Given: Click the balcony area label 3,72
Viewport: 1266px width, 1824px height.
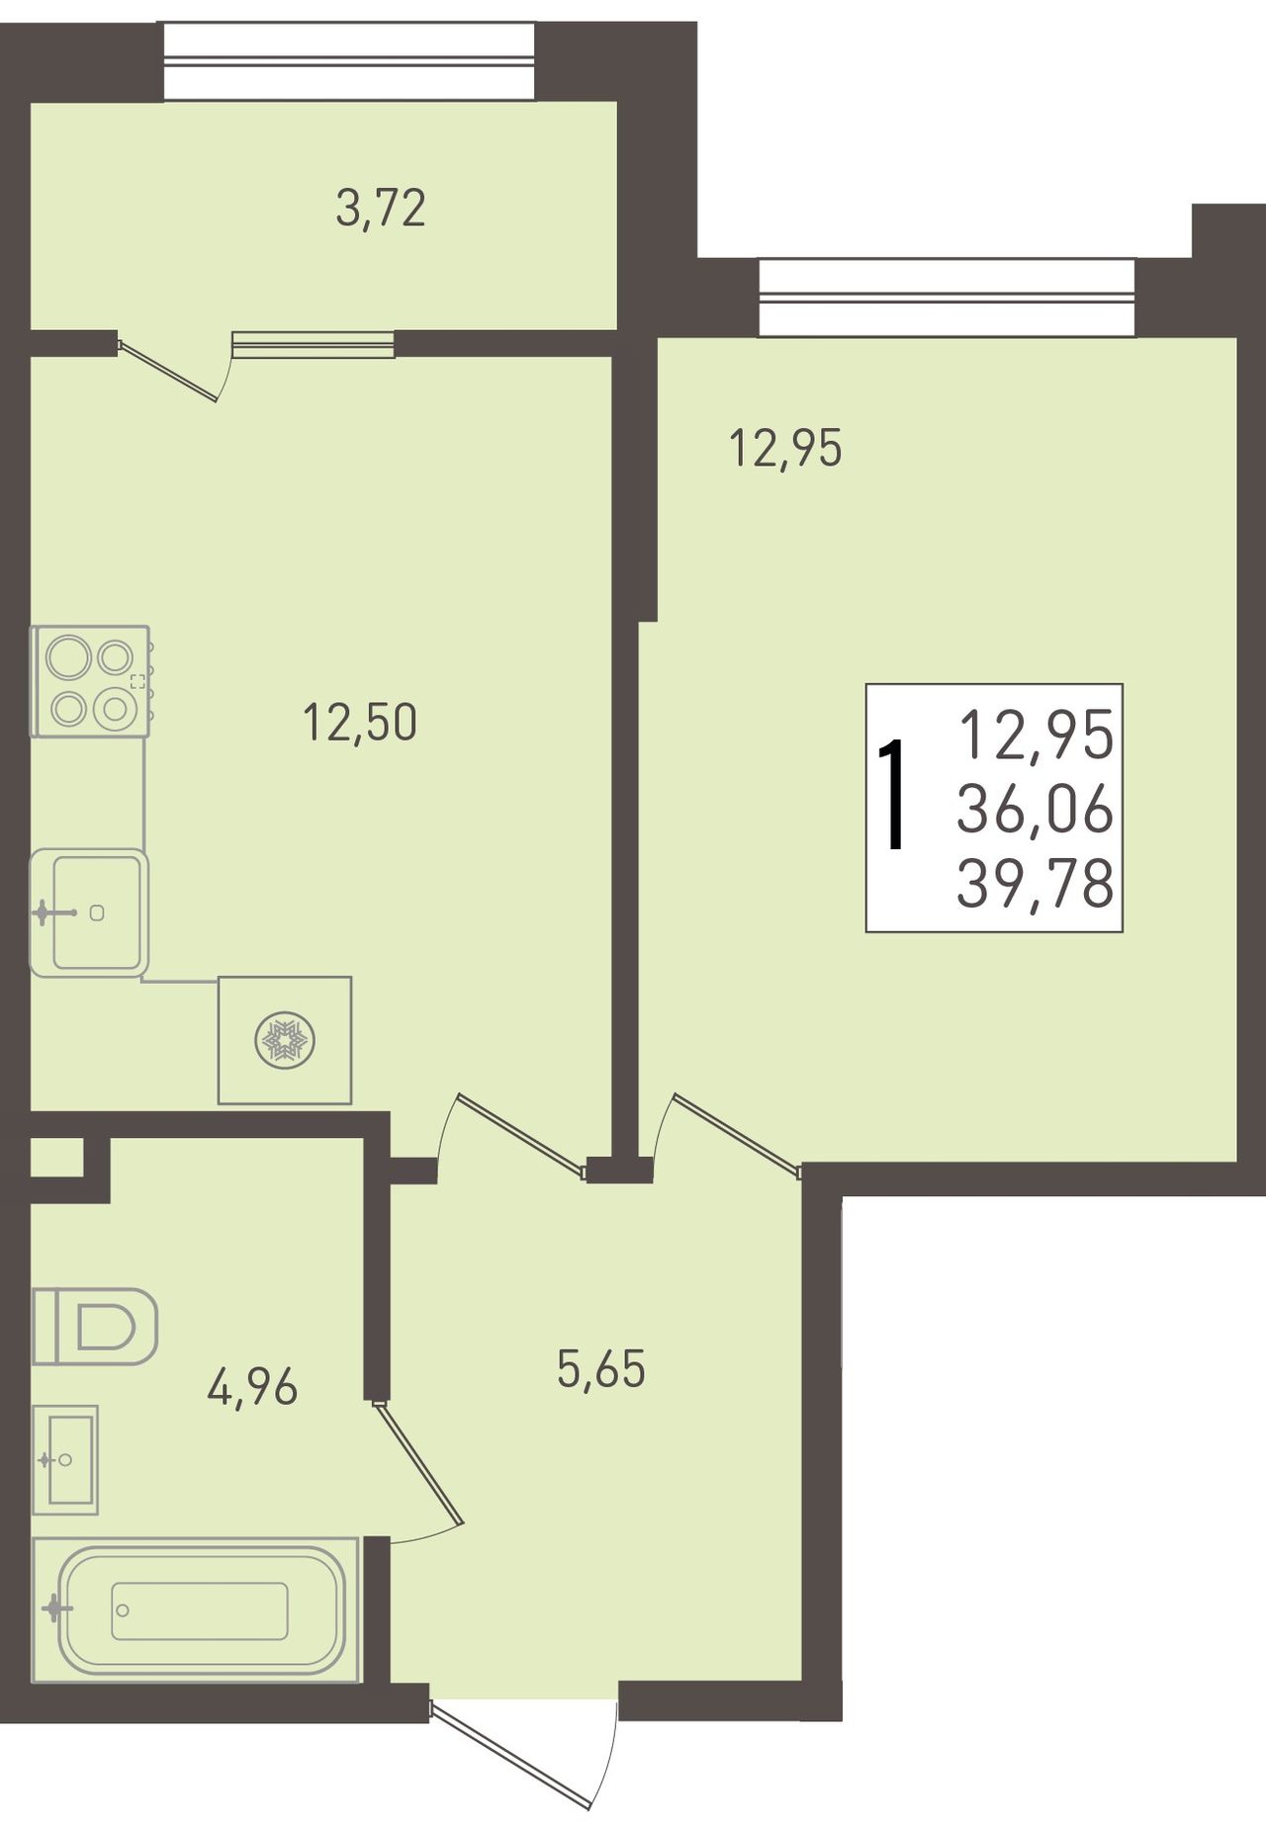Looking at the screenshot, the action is tap(381, 210).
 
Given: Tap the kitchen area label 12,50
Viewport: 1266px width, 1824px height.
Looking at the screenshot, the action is tap(360, 722).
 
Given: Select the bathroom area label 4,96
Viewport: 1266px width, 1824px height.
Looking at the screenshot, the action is tap(252, 1387).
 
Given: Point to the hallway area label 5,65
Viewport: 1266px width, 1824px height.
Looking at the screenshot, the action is tap(601, 1369).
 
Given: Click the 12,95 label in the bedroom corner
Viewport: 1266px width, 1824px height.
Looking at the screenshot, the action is tap(785, 448).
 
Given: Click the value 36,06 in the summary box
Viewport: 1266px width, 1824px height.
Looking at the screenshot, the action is tap(1036, 811).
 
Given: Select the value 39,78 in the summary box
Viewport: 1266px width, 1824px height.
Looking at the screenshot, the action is tap(1036, 883).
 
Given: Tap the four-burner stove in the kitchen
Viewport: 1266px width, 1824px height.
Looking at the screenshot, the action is tap(91, 681).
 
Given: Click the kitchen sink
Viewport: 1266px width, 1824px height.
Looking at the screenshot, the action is tap(89, 912).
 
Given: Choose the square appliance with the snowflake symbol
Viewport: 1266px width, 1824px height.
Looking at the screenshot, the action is tap(285, 1040).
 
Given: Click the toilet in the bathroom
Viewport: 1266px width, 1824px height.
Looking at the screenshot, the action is tap(95, 1326).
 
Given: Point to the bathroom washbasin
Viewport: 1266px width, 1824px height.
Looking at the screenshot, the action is tap(65, 1459).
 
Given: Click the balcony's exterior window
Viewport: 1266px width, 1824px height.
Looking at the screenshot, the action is tap(349, 61).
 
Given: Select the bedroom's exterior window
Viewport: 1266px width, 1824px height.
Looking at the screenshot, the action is tap(947, 298).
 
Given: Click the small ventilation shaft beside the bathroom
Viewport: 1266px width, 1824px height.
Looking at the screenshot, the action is tap(55, 1158).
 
